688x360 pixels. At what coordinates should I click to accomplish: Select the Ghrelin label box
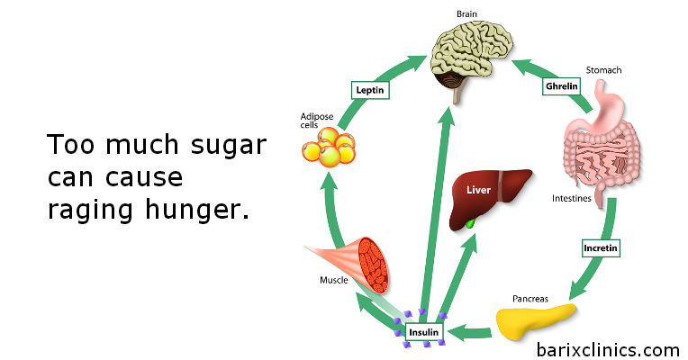click(x=559, y=86)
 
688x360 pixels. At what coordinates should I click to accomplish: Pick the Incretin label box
click(x=601, y=246)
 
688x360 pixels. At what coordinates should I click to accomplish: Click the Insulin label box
click(x=424, y=333)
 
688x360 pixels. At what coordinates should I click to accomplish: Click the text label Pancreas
click(x=529, y=296)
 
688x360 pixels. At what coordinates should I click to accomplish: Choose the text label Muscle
click(x=334, y=280)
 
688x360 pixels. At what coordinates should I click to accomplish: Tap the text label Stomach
click(x=603, y=69)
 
